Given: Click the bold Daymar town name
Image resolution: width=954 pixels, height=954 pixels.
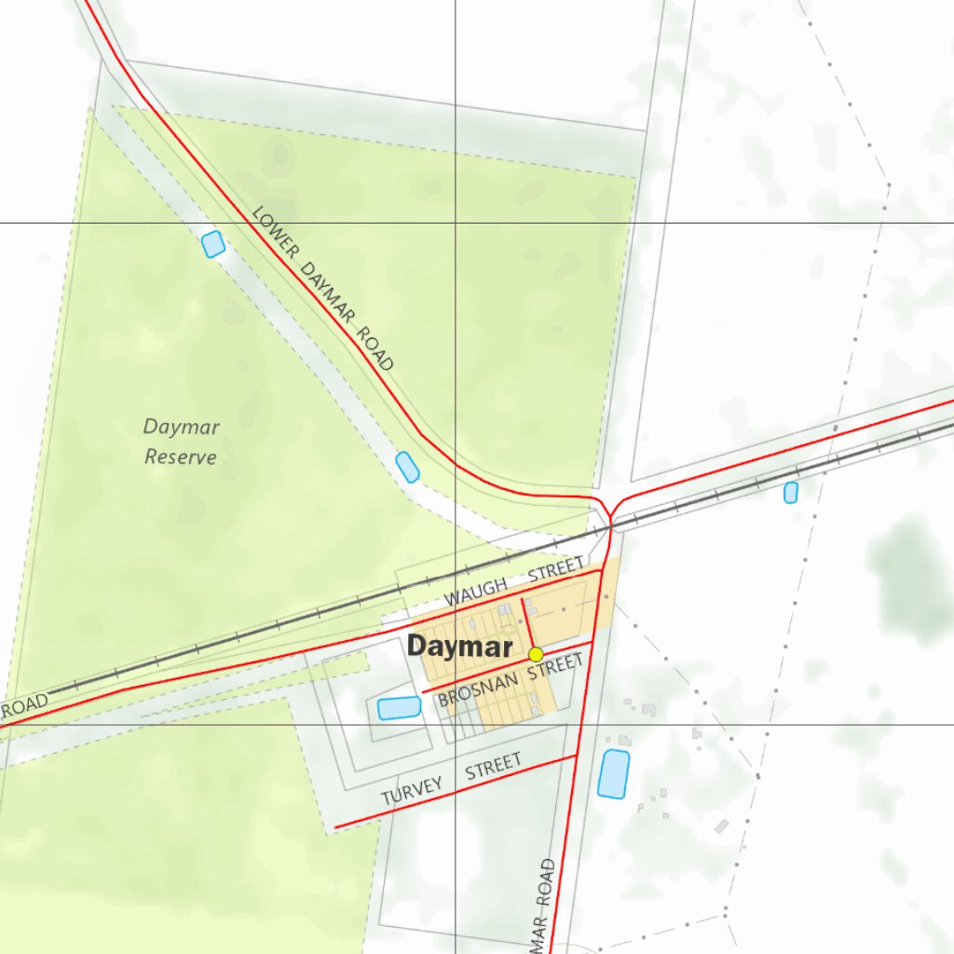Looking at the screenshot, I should coord(460,647).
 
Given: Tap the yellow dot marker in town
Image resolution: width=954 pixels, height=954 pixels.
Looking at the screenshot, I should coord(536,654).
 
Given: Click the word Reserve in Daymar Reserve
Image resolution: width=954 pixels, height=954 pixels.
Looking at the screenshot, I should coord(181,457).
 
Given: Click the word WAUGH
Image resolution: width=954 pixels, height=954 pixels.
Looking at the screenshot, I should coord(476,590).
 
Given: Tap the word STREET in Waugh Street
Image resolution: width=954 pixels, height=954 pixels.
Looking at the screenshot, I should coord(556,570).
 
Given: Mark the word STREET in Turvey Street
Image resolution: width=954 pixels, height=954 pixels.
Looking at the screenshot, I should coord(494,767).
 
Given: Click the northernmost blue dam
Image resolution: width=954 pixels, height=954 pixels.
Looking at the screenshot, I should coord(213,244).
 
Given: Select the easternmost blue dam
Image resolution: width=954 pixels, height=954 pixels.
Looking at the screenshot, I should coord(791,492).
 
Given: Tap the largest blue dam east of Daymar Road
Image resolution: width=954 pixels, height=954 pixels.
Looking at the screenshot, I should coord(613,773).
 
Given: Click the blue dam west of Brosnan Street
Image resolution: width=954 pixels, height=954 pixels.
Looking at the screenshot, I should coord(400,708).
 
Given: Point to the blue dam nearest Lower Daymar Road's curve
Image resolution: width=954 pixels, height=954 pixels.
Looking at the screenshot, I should coord(407,467).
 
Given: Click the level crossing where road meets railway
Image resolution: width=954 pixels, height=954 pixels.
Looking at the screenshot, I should coord(611,527).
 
